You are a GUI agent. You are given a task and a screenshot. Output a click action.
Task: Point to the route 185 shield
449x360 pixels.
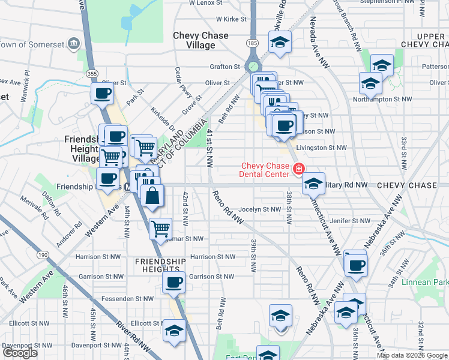tap(252, 44)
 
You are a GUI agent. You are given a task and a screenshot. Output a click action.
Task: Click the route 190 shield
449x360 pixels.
tap(42, 254)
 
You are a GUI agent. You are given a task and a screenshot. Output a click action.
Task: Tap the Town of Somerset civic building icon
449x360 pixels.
tap(74, 44)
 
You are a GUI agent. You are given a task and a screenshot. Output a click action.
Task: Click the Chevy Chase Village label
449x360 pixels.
tap(200, 40)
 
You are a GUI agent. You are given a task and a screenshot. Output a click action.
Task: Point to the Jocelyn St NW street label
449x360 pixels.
tap(259, 209)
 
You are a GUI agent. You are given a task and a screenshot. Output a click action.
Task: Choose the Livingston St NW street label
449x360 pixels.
tap(322, 148)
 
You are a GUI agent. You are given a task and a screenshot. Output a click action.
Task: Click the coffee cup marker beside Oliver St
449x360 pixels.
tap(102, 94)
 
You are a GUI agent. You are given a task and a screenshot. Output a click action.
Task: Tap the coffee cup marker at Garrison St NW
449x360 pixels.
tap(174, 282)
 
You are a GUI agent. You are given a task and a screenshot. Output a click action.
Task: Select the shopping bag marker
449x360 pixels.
tap(153, 194)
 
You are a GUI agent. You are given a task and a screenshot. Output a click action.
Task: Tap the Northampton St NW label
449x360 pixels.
tap(390, 98)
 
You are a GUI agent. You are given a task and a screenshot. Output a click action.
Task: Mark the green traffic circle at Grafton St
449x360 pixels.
tap(255, 67)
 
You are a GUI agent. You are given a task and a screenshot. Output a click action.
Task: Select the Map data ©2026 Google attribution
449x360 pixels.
tap(412, 355)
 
